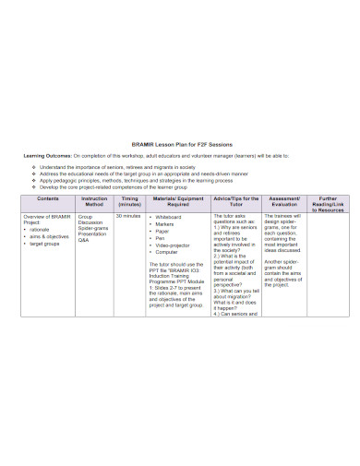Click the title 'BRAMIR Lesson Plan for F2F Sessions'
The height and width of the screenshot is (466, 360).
(x=180, y=144)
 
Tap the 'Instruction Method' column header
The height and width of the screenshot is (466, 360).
(x=94, y=202)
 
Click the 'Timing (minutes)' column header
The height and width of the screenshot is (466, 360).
(x=129, y=202)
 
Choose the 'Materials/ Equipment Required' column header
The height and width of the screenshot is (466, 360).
(x=178, y=202)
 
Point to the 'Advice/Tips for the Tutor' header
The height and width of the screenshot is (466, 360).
(x=235, y=202)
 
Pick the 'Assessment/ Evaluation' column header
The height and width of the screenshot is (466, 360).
(x=283, y=202)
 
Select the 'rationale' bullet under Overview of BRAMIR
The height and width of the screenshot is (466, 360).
(x=43, y=230)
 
